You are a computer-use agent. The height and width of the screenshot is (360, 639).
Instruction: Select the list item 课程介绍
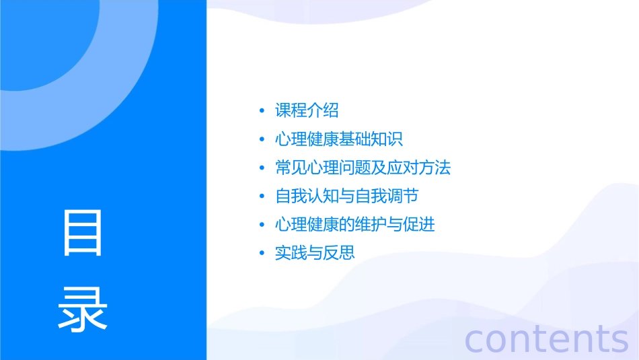point(307,111)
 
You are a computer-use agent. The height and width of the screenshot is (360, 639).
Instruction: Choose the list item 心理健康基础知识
point(338,139)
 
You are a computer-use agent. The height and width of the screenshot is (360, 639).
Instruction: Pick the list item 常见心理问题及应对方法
point(363,168)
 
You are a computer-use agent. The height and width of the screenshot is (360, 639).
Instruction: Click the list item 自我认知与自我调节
point(346,196)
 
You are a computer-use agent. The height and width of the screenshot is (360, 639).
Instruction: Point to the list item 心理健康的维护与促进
point(354,224)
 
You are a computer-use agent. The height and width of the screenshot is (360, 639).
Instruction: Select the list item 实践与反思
point(315,253)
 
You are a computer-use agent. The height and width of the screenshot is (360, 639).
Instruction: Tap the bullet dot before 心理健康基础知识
point(262,140)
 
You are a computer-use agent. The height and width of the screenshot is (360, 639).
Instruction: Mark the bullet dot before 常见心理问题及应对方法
point(262,168)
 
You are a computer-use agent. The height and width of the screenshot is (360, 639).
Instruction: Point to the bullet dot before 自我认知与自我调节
point(262,196)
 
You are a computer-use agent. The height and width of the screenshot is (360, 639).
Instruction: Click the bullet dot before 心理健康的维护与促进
point(262,225)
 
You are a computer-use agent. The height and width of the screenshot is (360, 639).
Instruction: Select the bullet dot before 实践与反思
point(262,254)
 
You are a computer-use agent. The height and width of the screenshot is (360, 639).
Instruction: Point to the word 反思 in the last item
point(339,253)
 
